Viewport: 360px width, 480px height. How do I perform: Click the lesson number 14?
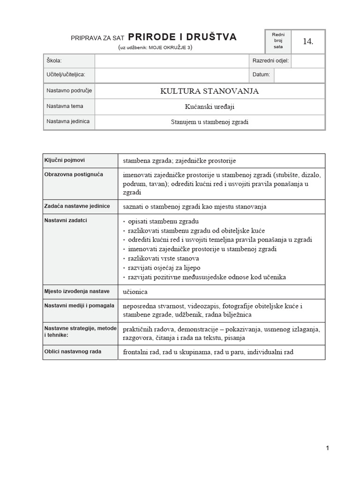point(307,42)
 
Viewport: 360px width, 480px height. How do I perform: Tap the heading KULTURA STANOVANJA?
point(210,91)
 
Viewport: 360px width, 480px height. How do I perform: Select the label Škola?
point(54,61)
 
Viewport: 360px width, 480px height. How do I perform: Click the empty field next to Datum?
point(299,75)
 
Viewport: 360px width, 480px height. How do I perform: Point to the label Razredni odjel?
point(270,61)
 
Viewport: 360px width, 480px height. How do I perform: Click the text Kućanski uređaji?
point(210,106)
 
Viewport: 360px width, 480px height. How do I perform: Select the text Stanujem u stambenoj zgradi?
point(210,122)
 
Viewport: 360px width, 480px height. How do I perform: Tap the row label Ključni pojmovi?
point(65,160)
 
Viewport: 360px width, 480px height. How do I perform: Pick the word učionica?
point(135,292)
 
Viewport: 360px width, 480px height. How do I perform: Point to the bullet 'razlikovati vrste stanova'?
point(163,258)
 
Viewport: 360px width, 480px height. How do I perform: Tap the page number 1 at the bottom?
point(328,448)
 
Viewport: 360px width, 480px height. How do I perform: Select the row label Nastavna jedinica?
point(68,121)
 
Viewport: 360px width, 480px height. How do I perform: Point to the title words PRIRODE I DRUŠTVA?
point(182,37)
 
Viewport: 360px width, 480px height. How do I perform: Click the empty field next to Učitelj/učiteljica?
point(171,75)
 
